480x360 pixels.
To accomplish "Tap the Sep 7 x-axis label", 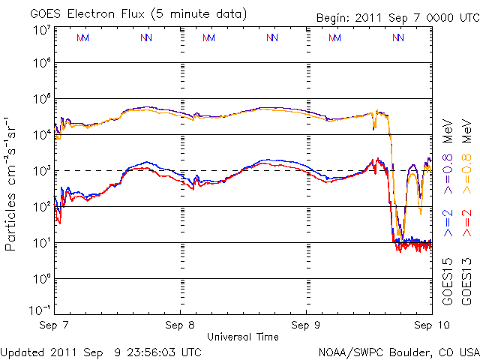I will click(55, 326).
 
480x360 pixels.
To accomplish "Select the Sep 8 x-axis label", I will click(181, 326).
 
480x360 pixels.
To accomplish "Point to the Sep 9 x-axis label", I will click(306, 326).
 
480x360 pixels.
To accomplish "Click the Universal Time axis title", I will click(243, 337).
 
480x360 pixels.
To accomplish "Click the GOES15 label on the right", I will click(448, 280).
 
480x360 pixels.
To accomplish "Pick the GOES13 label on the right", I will click(466, 280).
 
